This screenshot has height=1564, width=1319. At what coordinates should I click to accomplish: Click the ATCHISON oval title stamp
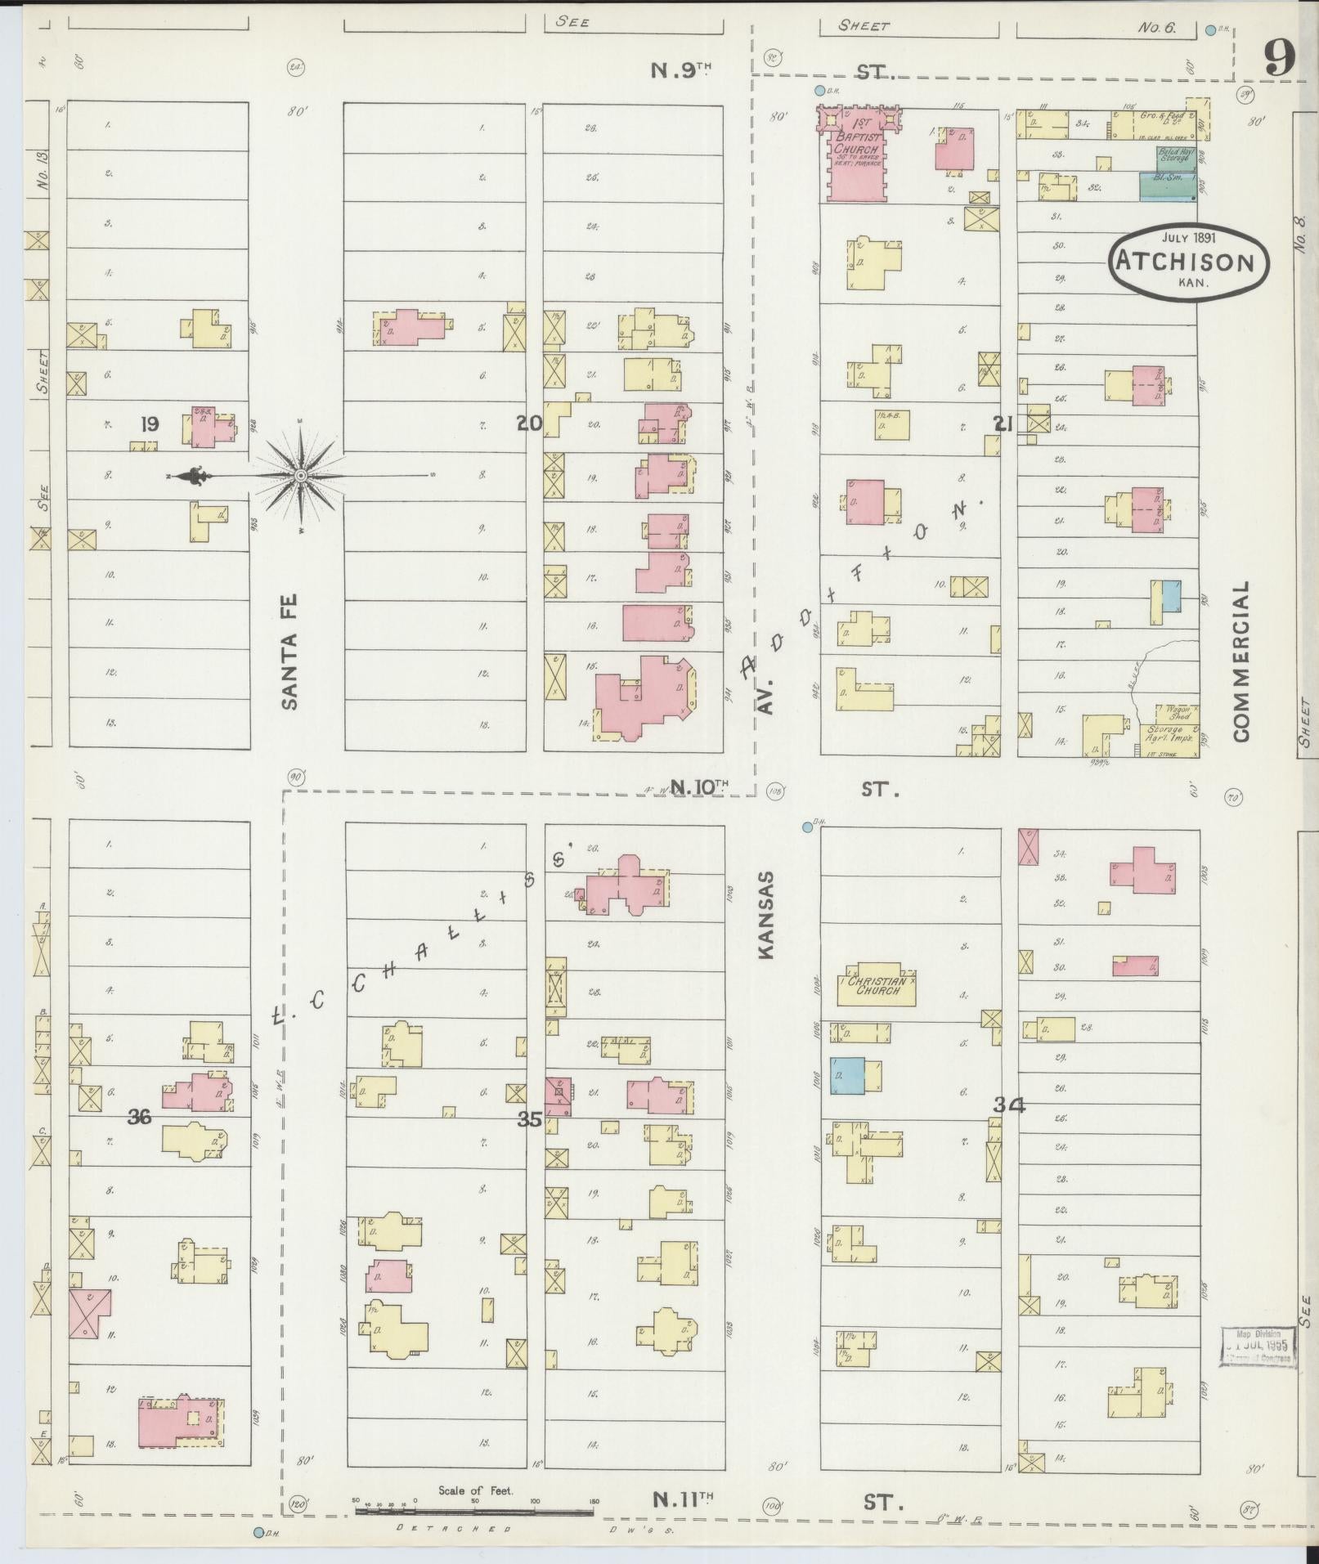pyautogui.click(x=1189, y=262)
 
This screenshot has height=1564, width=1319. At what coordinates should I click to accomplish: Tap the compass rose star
pyautogui.click(x=301, y=476)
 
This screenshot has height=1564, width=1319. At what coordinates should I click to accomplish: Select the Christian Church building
pyautogui.click(x=876, y=985)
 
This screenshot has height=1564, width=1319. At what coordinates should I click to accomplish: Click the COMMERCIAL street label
pyautogui.click(x=1243, y=661)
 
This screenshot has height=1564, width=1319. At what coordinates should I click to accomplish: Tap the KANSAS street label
pyautogui.click(x=766, y=913)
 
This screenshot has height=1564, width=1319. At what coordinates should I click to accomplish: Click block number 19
pyautogui.click(x=149, y=424)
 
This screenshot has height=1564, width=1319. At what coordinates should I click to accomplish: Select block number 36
pyautogui.click(x=139, y=1117)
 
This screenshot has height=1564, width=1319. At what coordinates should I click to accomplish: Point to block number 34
pyautogui.click(x=1009, y=1105)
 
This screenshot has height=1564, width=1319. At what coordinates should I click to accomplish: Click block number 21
pyautogui.click(x=1003, y=423)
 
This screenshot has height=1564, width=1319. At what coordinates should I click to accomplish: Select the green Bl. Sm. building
pyautogui.click(x=1168, y=186)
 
